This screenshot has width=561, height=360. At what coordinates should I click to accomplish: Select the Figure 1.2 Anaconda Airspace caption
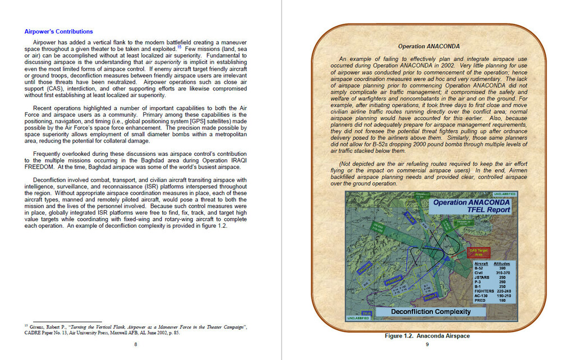click(x=427, y=336)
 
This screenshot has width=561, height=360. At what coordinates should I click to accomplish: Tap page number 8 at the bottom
click(x=135, y=344)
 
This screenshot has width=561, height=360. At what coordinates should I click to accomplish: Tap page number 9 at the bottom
click(x=427, y=344)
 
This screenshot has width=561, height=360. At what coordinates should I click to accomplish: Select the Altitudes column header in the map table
click(x=502, y=263)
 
